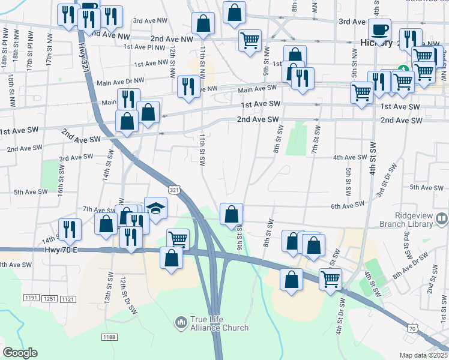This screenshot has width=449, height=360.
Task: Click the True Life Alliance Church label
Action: pyautogui.click(x=219, y=323)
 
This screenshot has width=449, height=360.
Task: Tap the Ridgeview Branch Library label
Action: pyautogui.click(x=414, y=220)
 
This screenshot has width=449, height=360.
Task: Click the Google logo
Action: pyautogui.click(x=20, y=352)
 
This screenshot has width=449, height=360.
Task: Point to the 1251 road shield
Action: pyautogui.click(x=49, y=298)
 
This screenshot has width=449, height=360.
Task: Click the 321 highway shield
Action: pyautogui.click(x=173, y=190)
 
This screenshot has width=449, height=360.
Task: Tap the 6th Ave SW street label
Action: pyautogui.click(x=348, y=205)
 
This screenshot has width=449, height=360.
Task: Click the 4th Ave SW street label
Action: pyautogui.click(x=349, y=157)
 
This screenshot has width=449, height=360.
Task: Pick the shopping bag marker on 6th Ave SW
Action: pyautogui.click(x=231, y=214)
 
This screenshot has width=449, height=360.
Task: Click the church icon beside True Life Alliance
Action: pyautogui.click(x=181, y=323)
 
